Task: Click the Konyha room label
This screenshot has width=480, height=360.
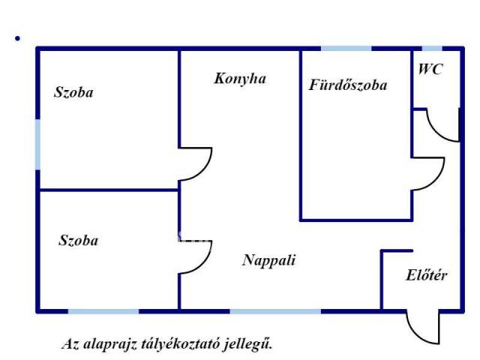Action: point(240,78)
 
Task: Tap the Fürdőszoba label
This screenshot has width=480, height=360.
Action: point(348,85)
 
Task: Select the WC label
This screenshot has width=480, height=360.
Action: point(430,70)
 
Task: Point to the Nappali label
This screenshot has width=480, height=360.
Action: point(269,260)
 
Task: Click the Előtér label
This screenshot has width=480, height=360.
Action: point(427,275)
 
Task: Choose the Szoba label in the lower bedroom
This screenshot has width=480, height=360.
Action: point(78,241)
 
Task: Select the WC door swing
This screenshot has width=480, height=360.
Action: point(442,126)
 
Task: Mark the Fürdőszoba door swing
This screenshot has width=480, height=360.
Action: point(427,174)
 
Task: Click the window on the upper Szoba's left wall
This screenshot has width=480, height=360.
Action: point(37,143)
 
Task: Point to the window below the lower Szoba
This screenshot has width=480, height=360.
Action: point(103,310)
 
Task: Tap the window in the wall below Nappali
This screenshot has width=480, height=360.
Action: point(275,310)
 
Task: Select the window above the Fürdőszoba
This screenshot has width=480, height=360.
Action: point(346,49)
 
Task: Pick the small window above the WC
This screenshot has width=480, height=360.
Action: point(433,49)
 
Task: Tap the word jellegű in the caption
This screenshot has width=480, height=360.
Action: point(251,345)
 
